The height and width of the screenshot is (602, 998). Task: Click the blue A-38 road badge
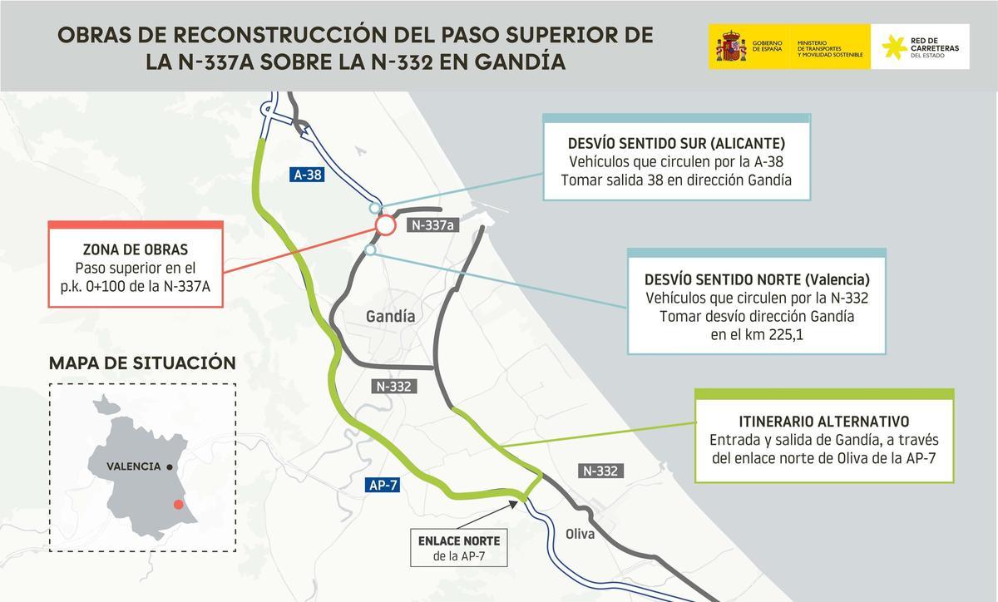tap(307, 175)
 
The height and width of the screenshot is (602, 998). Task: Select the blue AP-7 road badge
tap(383, 486)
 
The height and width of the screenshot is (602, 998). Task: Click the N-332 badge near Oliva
tap(600, 471)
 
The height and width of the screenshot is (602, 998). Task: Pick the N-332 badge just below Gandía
tap(393, 386)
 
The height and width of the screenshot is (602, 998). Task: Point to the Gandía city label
tap(390, 316)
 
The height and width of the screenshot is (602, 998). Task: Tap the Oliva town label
tap(580, 534)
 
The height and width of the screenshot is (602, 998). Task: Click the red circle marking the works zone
tap(384, 225)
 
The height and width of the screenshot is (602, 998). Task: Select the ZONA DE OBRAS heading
tap(136, 249)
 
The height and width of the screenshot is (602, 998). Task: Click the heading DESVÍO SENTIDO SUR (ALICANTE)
tap(676, 142)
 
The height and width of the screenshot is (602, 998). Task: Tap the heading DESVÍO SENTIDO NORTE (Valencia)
tap(757, 279)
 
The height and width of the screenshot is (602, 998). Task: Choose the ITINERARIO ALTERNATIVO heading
tap(823, 422)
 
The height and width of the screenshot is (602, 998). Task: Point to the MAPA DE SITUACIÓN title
tap(142, 363)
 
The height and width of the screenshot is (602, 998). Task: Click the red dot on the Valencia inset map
tap(176, 505)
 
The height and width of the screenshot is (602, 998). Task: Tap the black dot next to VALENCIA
tap(170, 467)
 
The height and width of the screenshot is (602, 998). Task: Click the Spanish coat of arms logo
tap(730, 47)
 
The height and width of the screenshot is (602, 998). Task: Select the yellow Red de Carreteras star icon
tap(894, 47)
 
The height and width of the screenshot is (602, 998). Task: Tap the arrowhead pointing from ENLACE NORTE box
tap(523, 499)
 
